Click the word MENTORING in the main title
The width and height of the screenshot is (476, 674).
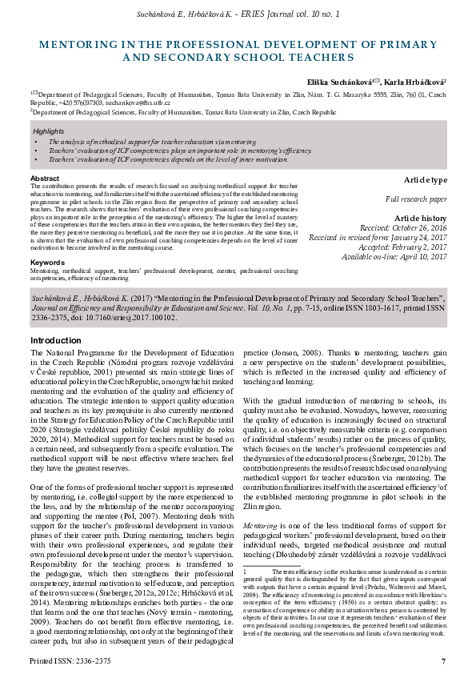pyautogui.click(x=90, y=46)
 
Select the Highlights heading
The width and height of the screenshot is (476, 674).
pyautogui.click(x=50, y=130)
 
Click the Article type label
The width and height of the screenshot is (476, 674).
pyautogui.click(x=426, y=180)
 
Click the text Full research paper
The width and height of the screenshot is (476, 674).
pyautogui.click(x=417, y=199)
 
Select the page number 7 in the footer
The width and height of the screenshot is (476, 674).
pyautogui.click(x=443, y=660)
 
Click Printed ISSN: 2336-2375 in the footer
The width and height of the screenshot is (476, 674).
pyautogui.click(x=70, y=660)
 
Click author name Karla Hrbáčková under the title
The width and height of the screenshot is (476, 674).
pyautogui.click(x=414, y=82)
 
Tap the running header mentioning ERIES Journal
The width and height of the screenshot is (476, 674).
pyautogui.click(x=238, y=14)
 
